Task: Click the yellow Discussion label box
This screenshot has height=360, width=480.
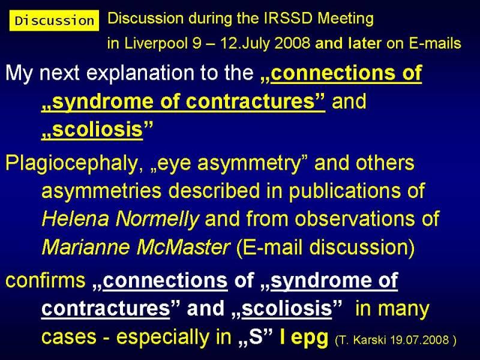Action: [x=54, y=20]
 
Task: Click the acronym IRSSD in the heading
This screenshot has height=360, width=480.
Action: [x=289, y=19]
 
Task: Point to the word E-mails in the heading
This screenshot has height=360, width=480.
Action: [x=434, y=43]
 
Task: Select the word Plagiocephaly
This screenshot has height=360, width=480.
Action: [x=72, y=163]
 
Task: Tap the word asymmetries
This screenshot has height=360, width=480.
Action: [x=101, y=191]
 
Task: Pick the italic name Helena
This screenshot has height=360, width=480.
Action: [x=76, y=218]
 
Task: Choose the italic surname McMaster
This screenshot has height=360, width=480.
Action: [x=183, y=247]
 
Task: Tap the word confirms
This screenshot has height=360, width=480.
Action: [x=46, y=280]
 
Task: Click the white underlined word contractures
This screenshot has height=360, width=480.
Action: [x=106, y=308]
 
